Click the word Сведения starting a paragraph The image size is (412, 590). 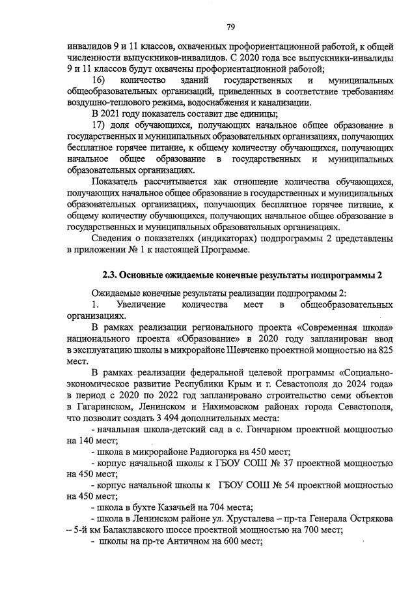(x=112, y=238)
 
